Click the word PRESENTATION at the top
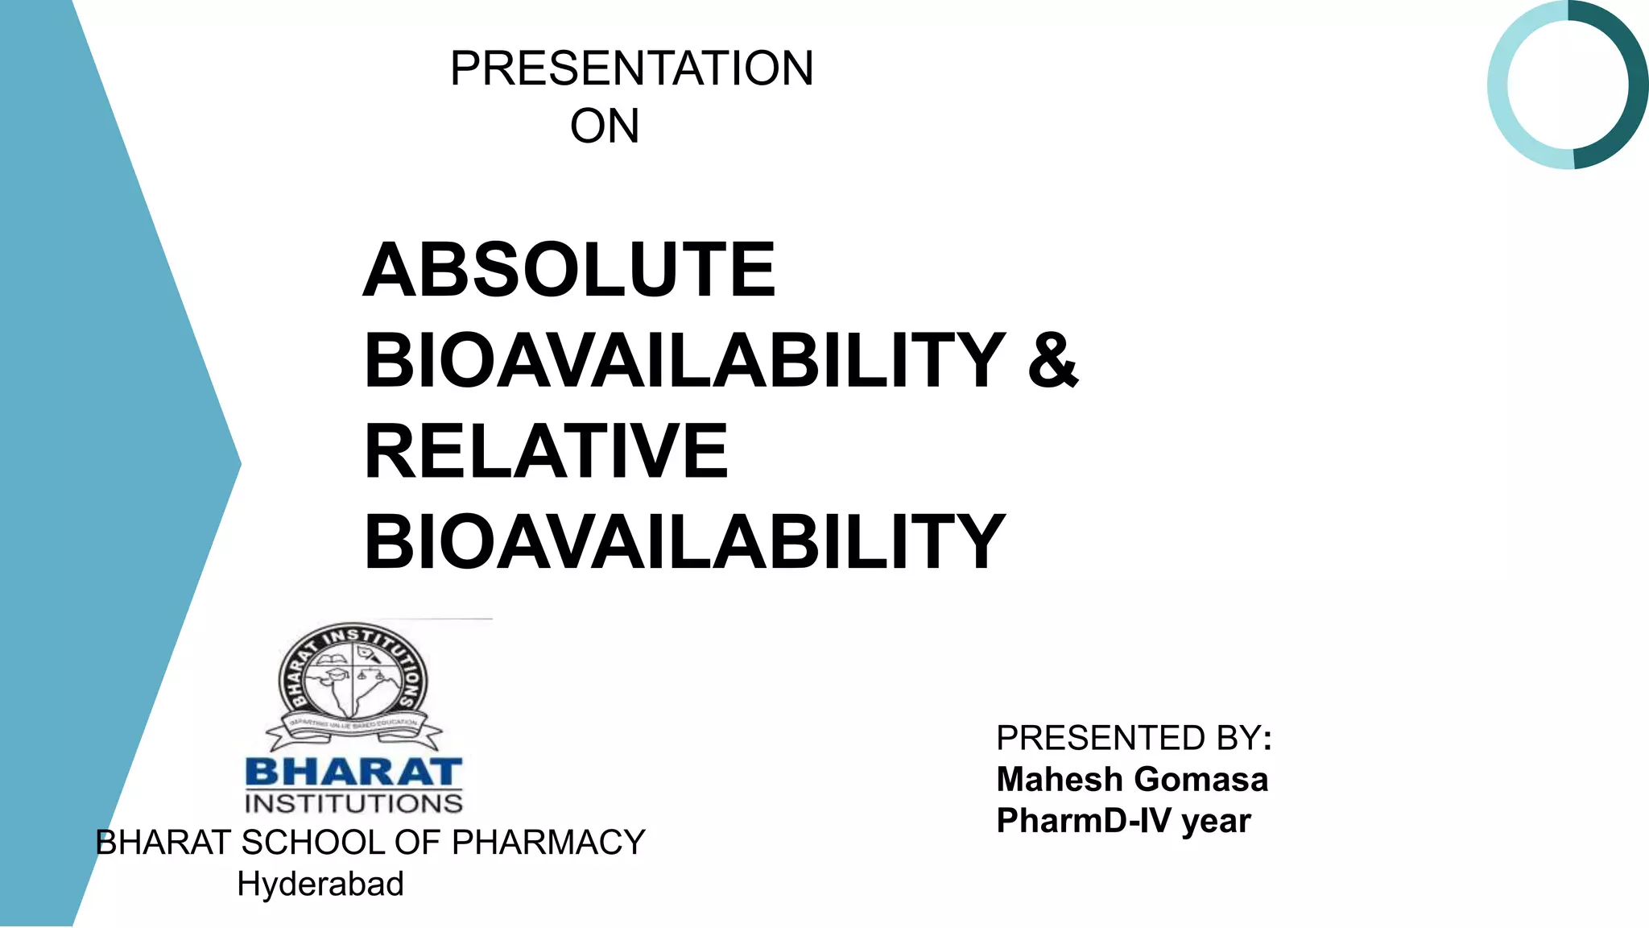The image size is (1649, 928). coord(631,68)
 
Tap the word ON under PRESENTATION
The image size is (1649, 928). coord(605,126)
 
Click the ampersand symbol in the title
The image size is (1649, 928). coord(1052,360)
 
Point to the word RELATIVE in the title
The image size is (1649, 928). coord(546,451)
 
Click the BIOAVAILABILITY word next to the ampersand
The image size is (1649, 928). coord(684,361)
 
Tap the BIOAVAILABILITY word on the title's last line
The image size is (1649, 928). coord(684,542)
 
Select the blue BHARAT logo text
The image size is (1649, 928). coord(353,772)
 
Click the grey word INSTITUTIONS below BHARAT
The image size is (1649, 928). coord(353,804)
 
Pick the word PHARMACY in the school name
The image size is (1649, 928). coord(548,843)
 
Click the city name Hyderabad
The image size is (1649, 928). coord(320,884)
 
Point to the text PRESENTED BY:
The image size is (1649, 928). coord(1134,738)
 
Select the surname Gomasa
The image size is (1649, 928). coord(1201,780)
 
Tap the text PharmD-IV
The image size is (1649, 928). coord(1084,821)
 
